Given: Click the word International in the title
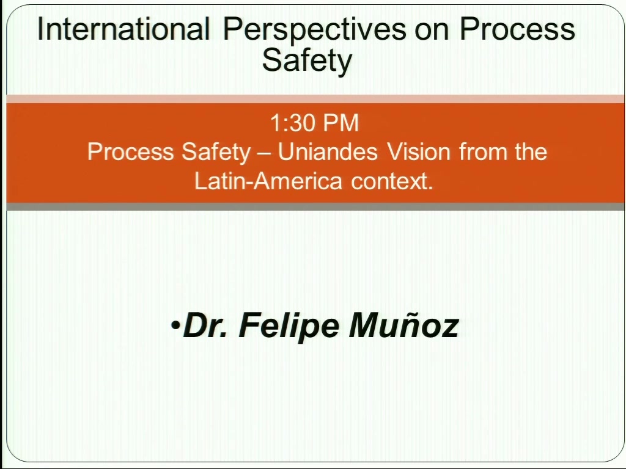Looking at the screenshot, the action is click(123, 29).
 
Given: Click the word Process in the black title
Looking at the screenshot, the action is click(517, 29).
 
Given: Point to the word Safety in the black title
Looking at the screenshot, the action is click(307, 61).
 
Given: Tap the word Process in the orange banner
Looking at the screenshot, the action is click(131, 152).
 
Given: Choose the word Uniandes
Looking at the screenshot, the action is click(328, 152).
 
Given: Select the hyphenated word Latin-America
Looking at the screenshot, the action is click(268, 181).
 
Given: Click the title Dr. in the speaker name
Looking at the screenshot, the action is click(205, 325).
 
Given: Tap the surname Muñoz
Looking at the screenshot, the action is click(403, 325).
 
